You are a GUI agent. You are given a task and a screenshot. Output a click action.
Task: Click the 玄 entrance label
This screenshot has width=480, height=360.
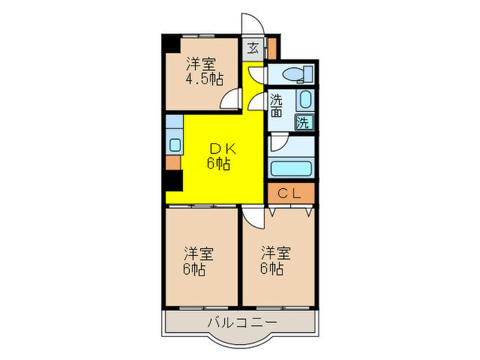click(254, 48)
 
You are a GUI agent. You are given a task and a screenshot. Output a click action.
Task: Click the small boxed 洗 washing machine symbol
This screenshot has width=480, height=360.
click(304, 123)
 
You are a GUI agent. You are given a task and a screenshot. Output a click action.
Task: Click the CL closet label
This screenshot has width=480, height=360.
click(291, 193)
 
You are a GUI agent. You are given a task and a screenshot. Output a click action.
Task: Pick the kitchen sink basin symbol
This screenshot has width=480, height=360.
click(174, 145)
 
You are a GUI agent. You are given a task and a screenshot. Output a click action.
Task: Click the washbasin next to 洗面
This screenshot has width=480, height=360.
click(305, 100)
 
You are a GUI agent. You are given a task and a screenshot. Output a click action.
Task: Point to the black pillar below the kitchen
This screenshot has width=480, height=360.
click(173, 182)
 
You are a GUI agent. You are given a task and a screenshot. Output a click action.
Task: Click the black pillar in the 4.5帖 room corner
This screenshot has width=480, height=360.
click(169, 43)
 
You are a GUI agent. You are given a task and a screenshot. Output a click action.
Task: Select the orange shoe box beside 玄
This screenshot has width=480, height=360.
click(272, 48)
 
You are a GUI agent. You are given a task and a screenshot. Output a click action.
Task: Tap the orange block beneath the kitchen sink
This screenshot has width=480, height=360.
click(173, 163)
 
